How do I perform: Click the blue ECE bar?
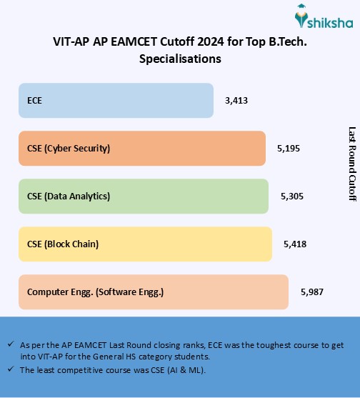(116, 101)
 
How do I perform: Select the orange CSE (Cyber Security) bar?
(141, 149)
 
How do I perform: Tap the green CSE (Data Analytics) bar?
(143, 196)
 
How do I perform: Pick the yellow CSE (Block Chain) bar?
(145, 244)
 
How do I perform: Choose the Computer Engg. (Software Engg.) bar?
(153, 292)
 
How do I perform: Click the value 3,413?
(236, 101)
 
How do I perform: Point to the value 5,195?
(289, 149)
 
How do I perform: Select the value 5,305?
(292, 196)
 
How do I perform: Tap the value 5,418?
(295, 244)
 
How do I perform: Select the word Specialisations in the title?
(180, 59)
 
